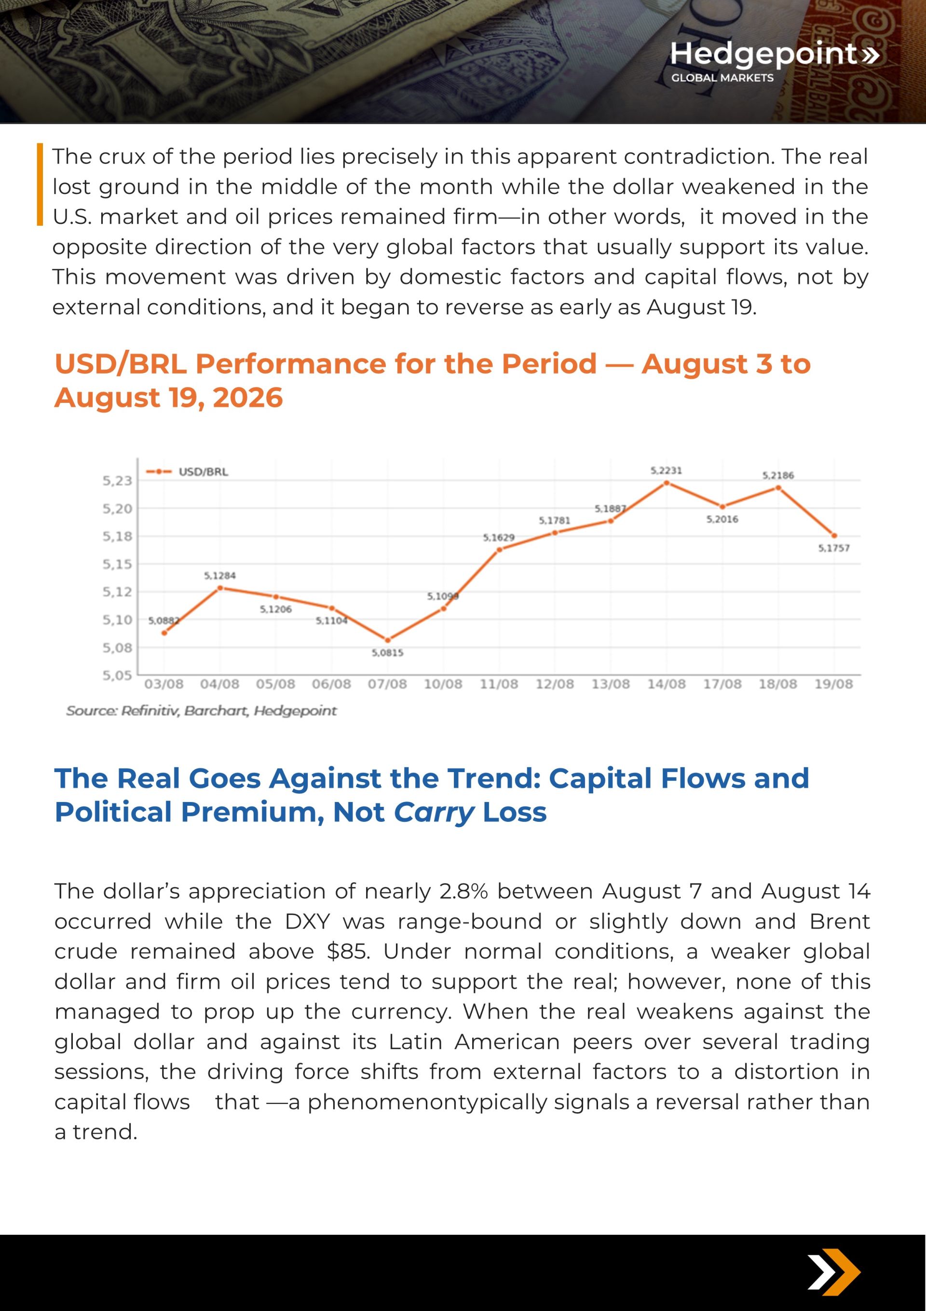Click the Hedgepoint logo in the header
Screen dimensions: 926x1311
[774, 60]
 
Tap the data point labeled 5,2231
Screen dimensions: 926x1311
[666, 483]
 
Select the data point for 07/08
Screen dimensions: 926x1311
[388, 640]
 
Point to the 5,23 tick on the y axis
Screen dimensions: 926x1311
[117, 481]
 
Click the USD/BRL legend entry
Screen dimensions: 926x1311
[187, 471]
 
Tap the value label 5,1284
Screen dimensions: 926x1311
[220, 576]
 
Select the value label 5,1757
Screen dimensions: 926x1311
[833, 548]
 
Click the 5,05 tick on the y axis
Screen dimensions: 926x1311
[117, 676]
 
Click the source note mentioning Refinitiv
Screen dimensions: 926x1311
[202, 711]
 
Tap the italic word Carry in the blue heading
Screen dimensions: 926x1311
[434, 812]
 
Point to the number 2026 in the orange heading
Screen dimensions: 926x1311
[247, 398]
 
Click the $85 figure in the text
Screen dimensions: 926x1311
[348, 951]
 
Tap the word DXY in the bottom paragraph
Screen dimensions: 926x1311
[308, 921]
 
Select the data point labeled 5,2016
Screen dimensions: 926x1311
[722, 507]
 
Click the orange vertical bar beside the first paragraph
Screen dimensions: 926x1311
[40, 184]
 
